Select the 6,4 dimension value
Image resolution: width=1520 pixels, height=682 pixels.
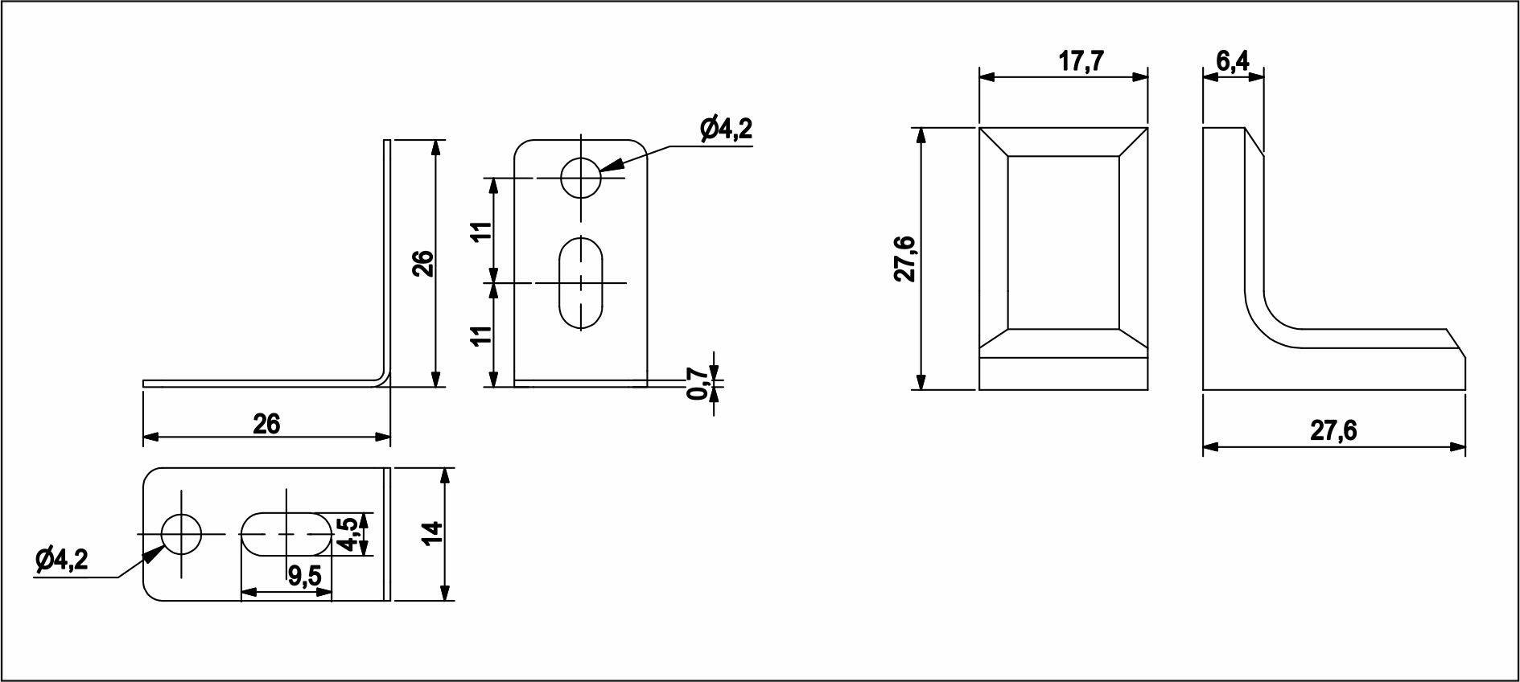[x=1232, y=62]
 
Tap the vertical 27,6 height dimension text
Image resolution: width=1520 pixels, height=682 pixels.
[x=906, y=259]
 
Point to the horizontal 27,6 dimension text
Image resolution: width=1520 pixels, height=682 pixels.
[x=1333, y=431]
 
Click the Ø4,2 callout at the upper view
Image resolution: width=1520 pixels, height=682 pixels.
[x=726, y=129]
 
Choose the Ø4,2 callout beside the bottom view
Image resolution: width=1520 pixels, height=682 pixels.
[x=61, y=560]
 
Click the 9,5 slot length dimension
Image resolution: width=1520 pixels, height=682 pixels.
[x=304, y=576]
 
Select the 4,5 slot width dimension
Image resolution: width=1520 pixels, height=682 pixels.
[x=348, y=534]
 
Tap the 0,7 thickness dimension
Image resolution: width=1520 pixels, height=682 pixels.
[x=698, y=384]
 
